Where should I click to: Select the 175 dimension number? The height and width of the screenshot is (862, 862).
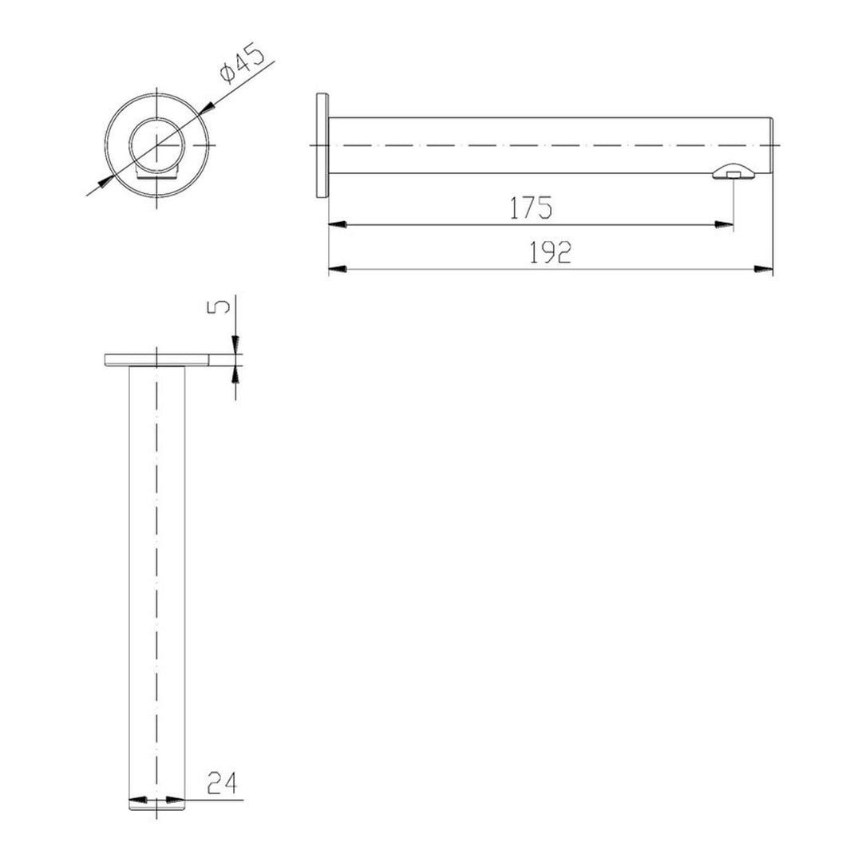531,208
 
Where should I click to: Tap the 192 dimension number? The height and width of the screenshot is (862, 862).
551,253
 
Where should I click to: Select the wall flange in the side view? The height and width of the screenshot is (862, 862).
322,145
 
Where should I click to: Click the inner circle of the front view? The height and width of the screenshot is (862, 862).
157,144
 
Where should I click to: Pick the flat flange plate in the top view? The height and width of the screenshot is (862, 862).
157,360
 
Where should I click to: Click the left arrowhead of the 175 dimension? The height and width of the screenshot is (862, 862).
337,226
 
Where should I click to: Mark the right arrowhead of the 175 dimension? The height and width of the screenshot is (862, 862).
726,226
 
